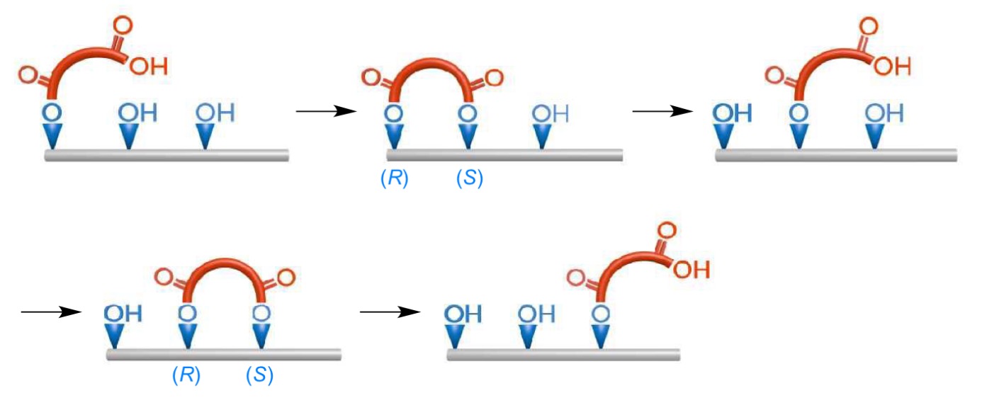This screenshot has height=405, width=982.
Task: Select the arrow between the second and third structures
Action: coord(662,111)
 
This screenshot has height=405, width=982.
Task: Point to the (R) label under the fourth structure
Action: coord(186,375)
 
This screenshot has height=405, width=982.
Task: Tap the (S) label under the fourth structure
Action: coord(260,375)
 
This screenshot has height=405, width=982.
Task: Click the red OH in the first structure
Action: coord(149,67)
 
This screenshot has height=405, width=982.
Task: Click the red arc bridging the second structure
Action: coord(431,67)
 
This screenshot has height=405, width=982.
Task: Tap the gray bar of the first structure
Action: coord(167,155)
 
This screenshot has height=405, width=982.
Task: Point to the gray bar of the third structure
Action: coord(836,155)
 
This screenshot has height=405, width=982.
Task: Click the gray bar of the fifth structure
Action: coord(563,354)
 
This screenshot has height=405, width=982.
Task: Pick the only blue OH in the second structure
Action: coord(550,113)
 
